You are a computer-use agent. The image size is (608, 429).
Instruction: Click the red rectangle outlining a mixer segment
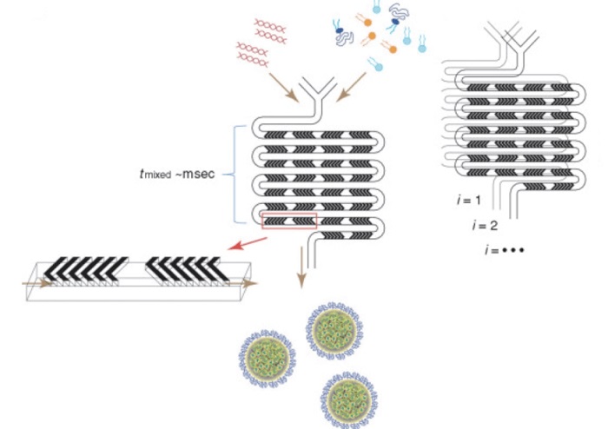pyautogui.click(x=289, y=221)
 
